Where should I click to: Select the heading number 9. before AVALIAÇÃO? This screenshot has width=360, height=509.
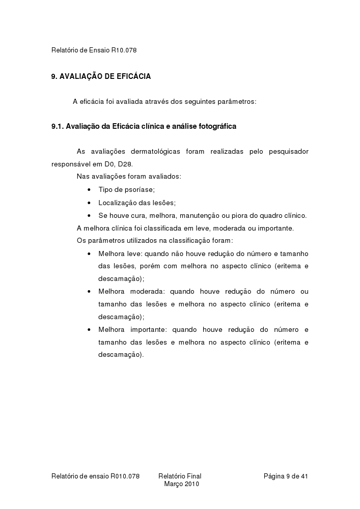tap(54, 76)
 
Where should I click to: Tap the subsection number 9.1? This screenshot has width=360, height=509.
tap(58, 126)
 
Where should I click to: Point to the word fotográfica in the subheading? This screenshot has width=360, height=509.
tap(216, 126)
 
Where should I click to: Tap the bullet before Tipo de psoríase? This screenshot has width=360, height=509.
tap(89, 190)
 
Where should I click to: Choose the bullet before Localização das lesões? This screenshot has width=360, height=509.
tap(89, 203)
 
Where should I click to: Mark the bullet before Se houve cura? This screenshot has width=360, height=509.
tap(89, 215)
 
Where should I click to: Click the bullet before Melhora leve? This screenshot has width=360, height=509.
tap(89, 253)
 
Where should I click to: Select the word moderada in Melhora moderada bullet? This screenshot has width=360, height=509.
tap(147, 292)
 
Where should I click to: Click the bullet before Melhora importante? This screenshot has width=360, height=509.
tap(89, 330)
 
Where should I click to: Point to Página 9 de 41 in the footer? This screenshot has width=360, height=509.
tap(286, 476)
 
